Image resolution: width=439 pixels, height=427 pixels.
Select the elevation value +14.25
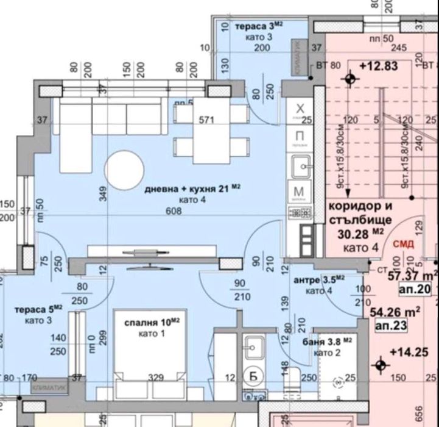coord(407,351)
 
